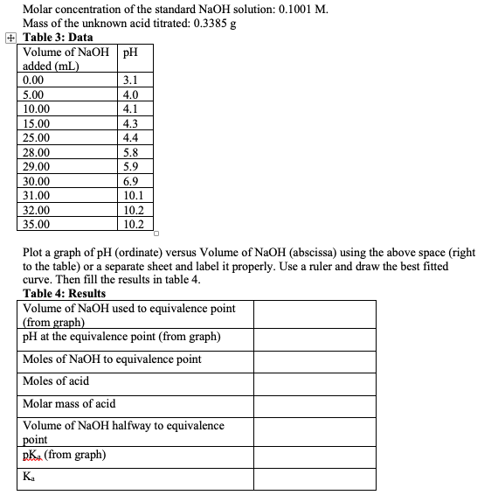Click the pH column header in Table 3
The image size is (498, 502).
tap(131, 52)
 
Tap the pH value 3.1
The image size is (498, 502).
tap(131, 79)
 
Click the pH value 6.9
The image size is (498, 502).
tap(131, 181)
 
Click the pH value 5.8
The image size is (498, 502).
tap(131, 152)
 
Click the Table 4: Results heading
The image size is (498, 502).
tap(64, 294)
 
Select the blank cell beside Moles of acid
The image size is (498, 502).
tap(315, 381)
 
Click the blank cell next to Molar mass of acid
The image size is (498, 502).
tap(315, 404)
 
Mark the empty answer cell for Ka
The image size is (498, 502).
tap(315, 478)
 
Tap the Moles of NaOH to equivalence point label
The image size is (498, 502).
tap(112, 359)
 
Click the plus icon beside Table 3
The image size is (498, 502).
tap(10, 38)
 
